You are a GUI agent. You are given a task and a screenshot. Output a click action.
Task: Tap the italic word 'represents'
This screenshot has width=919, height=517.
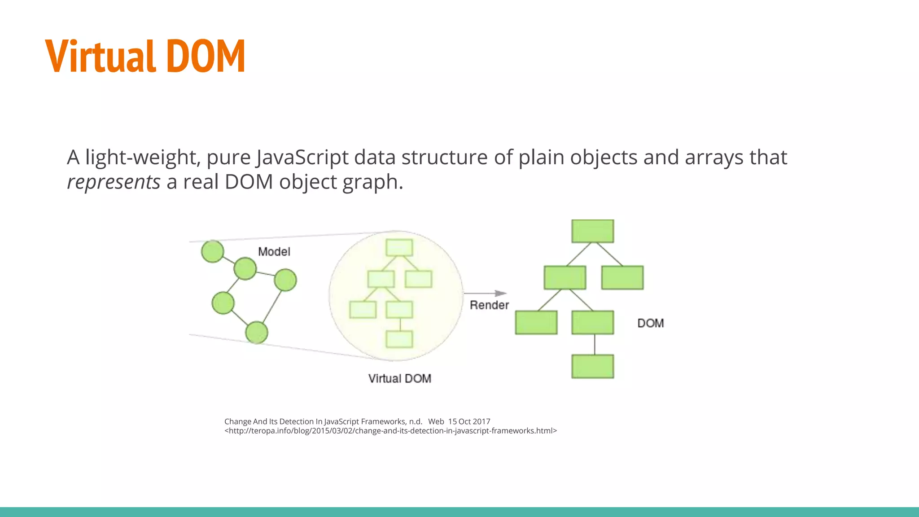pos(114,182)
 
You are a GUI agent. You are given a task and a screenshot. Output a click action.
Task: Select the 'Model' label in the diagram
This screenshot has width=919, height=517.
pos(274,252)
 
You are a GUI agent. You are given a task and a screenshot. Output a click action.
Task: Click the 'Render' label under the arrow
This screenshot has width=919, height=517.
pos(489,305)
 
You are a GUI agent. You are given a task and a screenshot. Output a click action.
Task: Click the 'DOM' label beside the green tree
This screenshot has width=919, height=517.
pos(650,323)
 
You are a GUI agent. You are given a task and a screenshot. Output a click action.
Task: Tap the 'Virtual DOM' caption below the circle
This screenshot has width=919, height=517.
pos(399,379)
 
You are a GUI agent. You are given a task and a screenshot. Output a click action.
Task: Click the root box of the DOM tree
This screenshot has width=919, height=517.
pos(592,231)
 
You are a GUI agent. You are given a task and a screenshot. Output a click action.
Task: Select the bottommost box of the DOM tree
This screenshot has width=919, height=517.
pos(592,366)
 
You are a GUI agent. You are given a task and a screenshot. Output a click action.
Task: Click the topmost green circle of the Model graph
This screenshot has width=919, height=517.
pos(212,251)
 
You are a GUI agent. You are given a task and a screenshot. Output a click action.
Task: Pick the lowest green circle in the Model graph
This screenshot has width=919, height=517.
pos(257,333)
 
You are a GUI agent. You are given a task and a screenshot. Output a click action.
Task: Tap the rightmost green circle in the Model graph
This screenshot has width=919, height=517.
pos(285,280)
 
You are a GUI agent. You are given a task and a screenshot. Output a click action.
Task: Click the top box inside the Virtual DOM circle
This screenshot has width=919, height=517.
pos(399,247)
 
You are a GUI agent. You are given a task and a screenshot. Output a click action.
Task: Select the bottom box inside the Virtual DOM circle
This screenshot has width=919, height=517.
pos(399,339)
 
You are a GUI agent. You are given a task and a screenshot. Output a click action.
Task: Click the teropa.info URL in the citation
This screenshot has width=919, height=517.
pos(390,431)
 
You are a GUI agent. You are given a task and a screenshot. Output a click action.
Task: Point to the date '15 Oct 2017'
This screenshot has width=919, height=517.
pos(469,421)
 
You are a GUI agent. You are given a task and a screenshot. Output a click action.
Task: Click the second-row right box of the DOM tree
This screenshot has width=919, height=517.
pos(622,277)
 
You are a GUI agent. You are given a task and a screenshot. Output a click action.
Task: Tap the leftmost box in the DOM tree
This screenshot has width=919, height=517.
pos(536,322)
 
